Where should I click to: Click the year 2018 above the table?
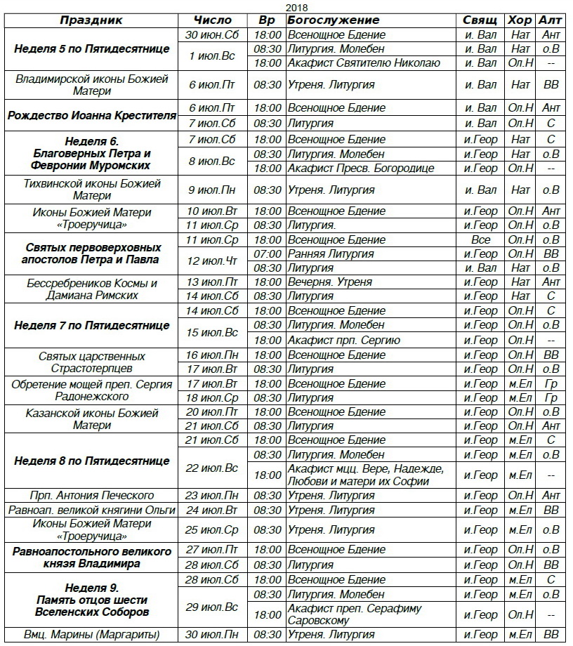[286, 6]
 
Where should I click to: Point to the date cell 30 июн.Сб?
[211, 35]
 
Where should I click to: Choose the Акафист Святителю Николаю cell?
[363, 63]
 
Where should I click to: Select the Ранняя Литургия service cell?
[330, 253]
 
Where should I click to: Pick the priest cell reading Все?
[481, 239]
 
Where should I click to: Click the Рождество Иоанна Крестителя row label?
[91, 115]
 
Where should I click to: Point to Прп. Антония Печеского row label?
[91, 496]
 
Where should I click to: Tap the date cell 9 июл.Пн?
[211, 190]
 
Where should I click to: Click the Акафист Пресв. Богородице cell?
[360, 169]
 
